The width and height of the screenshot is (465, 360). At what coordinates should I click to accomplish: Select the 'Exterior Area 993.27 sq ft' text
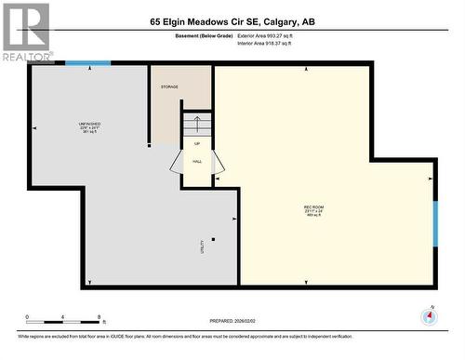pos(272,35)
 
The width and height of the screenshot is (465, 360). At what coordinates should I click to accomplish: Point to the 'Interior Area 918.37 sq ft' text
pos(271,43)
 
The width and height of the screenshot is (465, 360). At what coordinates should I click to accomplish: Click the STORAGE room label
pos(168,87)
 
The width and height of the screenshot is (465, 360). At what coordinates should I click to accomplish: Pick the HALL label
pos(197,161)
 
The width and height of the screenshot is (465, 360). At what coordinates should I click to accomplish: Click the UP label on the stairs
pos(197,143)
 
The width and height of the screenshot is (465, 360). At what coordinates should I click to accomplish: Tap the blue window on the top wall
pos(88,63)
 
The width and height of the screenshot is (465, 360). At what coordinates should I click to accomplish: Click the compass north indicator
pos(429,315)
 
